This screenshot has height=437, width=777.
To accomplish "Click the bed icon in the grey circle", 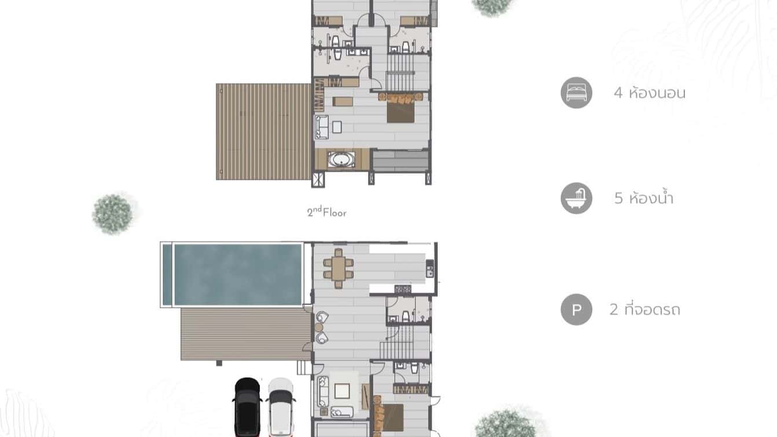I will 576,93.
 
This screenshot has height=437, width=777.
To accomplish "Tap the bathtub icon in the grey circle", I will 576,198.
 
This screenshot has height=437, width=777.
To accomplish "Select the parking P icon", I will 576,309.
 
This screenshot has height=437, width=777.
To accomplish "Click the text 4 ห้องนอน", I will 650,93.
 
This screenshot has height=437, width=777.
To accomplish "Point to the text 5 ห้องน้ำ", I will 644,199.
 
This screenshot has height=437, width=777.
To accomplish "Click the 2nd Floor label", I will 327,212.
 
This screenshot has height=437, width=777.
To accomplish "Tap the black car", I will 248,407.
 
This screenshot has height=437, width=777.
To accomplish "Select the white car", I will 281,407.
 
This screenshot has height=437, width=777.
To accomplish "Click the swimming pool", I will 237,274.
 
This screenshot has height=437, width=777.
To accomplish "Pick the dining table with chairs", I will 338,268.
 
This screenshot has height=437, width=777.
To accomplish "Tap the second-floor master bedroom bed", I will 400,108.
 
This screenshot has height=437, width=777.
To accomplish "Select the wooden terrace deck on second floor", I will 264,132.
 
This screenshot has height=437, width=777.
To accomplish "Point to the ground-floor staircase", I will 405,342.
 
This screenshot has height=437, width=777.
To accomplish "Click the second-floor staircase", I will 401,72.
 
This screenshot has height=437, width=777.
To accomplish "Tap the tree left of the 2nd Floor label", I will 113,213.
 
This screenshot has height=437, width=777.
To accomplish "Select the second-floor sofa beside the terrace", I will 321,127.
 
